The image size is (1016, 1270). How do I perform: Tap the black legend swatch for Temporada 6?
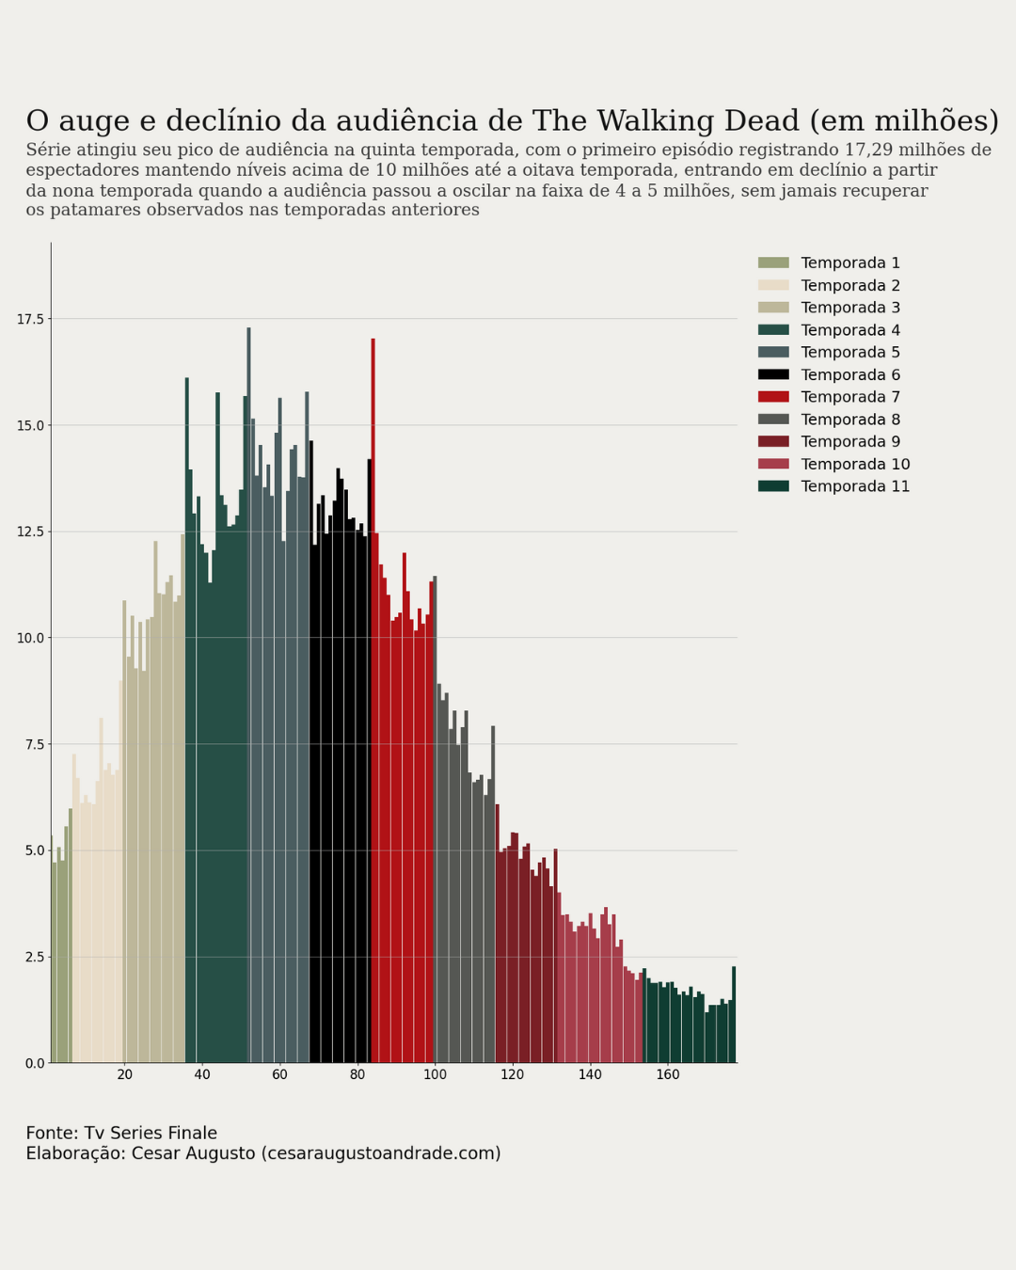(x=773, y=374)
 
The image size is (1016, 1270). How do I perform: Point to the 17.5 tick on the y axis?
(x=30, y=320)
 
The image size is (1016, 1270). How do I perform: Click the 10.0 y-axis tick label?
(x=30, y=638)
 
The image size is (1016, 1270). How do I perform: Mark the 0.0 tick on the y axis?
(x=34, y=1063)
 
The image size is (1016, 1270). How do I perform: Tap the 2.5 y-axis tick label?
(x=34, y=957)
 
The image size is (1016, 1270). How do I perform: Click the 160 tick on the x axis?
(x=667, y=1075)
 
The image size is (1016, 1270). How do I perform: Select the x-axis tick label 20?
(x=125, y=1075)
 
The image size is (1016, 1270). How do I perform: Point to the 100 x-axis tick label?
(x=435, y=1075)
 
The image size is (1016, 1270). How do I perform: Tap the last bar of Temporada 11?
(x=734, y=1016)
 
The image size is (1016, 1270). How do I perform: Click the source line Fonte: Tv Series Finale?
(x=121, y=1134)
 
